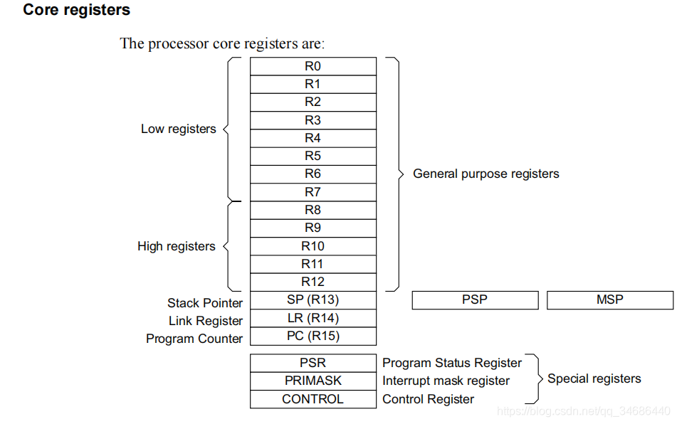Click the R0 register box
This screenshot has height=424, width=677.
[313, 66]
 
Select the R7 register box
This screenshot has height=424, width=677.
[313, 192]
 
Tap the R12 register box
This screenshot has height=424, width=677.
[313, 282]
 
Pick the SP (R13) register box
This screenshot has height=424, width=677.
[313, 300]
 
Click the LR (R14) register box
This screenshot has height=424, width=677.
[313, 318]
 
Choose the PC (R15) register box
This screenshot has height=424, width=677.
[313, 336]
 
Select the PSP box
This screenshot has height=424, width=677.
[475, 300]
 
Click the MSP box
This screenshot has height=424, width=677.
[609, 300]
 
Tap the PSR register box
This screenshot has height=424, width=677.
[313, 363]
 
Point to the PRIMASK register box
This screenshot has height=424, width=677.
[313, 381]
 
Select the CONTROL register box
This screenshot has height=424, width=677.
[313, 399]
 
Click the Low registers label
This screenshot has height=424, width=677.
[179, 129]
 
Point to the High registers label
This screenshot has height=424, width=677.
[177, 246]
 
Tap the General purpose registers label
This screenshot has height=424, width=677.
[486, 174]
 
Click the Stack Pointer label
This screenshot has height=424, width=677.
[205, 303]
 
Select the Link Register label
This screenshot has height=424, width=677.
[206, 321]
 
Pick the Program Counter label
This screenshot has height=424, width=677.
[194, 339]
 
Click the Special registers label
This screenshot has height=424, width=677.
[594, 378]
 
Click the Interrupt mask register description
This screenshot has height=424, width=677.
[446, 381]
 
